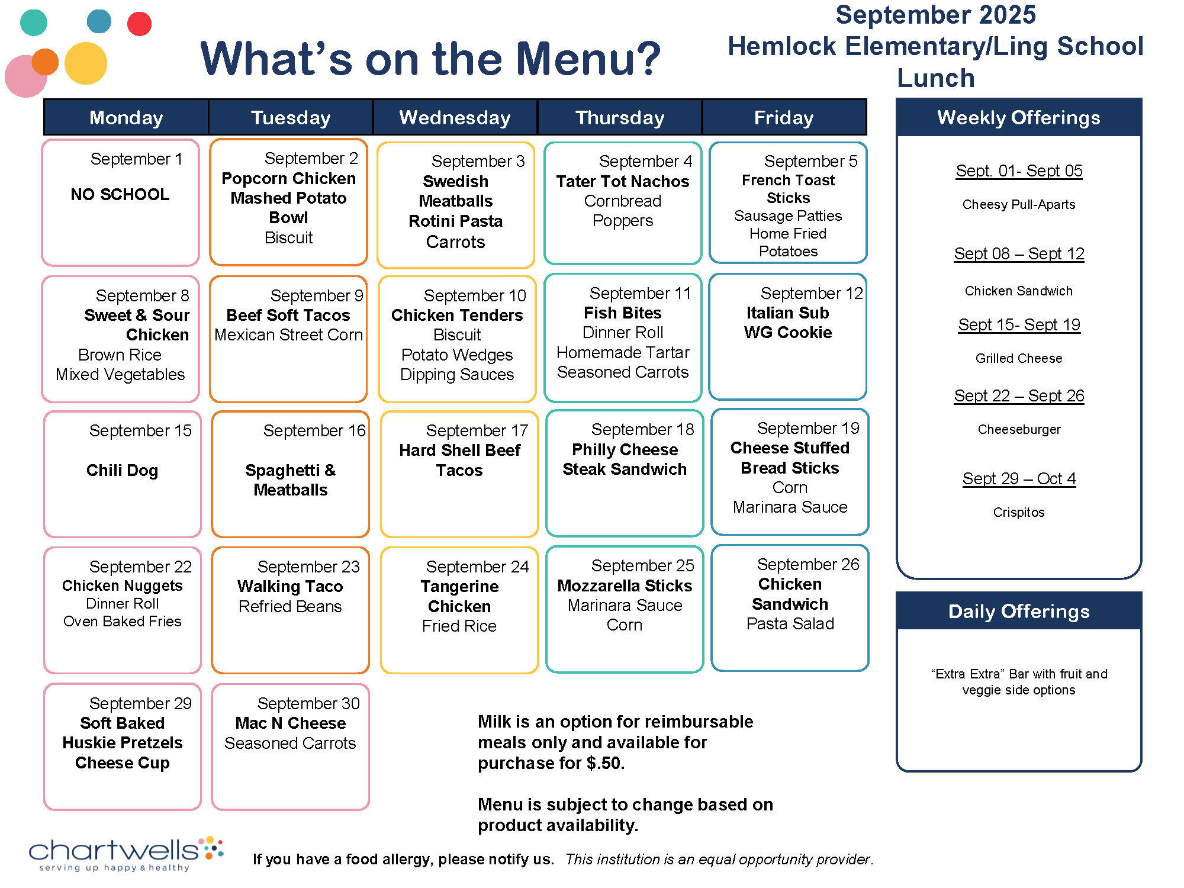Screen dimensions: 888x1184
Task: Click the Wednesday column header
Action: (x=455, y=118)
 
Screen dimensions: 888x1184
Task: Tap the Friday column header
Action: (x=784, y=118)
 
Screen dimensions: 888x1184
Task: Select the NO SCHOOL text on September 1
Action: (x=120, y=194)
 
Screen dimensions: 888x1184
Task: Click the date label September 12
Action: (x=812, y=293)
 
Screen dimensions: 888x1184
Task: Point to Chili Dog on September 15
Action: (x=123, y=471)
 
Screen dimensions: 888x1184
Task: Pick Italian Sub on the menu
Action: (x=787, y=313)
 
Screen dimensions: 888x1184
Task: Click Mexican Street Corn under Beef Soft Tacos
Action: (x=288, y=335)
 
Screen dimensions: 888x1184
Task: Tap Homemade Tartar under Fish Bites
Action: (x=623, y=353)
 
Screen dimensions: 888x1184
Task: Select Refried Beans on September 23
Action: (x=290, y=607)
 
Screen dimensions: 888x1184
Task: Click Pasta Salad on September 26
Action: (x=790, y=624)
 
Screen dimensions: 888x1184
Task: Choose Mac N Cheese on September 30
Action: (x=290, y=723)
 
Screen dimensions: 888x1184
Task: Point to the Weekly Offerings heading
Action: (x=1018, y=118)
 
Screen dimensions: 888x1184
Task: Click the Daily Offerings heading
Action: (x=1018, y=612)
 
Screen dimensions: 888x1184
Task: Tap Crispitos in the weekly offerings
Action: (x=1018, y=513)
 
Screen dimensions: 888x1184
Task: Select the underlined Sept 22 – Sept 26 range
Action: (x=1019, y=396)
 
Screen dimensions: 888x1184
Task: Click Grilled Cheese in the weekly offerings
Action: (x=1018, y=359)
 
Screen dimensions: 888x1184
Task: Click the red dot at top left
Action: (x=140, y=24)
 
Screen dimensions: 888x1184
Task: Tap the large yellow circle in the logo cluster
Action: (x=86, y=63)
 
